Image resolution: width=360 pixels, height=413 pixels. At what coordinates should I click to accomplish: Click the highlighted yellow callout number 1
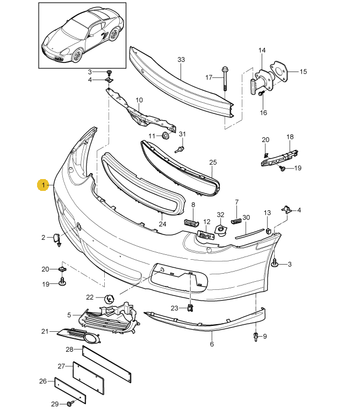point(42,185)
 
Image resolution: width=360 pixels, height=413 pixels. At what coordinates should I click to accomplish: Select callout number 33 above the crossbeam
point(181,59)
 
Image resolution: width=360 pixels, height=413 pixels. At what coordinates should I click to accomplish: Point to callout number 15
point(303,72)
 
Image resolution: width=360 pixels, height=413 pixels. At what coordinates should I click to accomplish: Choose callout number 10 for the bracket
point(139,100)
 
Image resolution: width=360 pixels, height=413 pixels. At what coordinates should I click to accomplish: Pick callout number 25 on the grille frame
point(213,162)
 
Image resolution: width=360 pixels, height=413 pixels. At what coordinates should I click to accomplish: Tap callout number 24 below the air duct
point(162,224)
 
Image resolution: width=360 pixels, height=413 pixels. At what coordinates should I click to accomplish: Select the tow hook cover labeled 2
point(56,238)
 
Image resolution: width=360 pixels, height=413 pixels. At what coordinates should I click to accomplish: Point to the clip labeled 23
point(191,308)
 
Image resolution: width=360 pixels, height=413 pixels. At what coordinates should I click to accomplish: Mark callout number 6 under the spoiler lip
point(212,344)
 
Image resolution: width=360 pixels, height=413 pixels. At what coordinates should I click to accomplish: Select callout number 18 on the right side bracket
point(290,137)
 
